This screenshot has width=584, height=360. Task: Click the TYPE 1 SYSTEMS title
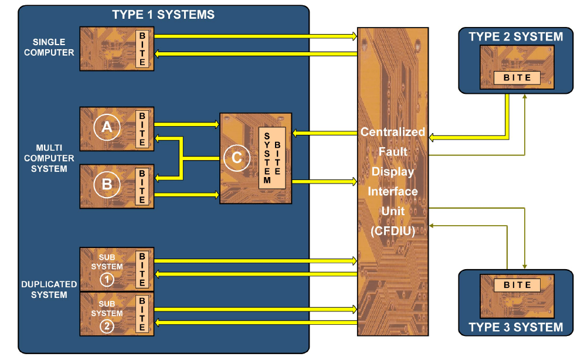(164, 14)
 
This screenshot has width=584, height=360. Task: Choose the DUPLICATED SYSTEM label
(49, 289)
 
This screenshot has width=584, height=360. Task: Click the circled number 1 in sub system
(107, 280)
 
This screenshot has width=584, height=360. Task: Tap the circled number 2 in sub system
(107, 327)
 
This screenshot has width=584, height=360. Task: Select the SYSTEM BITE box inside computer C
(272, 158)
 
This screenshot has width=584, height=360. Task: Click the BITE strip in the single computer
(142, 48)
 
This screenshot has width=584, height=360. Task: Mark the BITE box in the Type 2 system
(516, 77)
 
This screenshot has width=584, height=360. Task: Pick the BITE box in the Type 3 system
(516, 285)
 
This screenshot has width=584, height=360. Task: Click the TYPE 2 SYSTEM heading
(516, 37)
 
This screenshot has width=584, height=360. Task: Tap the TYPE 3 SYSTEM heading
(516, 328)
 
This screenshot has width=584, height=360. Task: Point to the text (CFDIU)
(393, 231)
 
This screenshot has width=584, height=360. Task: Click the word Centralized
(393, 132)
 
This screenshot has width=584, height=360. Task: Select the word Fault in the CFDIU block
(393, 152)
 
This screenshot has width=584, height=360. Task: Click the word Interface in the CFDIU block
(393, 191)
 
